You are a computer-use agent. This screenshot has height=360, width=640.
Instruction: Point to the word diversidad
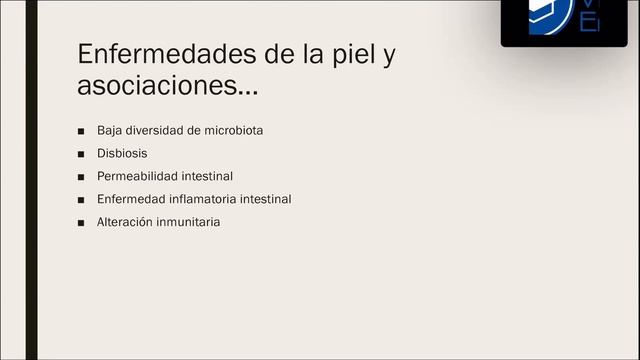point(157,131)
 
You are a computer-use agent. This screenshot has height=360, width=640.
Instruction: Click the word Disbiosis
point(122,154)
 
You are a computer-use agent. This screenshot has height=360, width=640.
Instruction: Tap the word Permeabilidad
point(138,176)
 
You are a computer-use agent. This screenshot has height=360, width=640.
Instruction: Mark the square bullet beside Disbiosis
point(81,155)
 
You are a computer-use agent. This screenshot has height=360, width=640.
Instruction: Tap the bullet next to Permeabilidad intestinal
point(81,177)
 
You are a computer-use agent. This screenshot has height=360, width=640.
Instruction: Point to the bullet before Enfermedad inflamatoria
point(81,200)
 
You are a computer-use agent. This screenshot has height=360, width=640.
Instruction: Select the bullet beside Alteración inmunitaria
point(81,222)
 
